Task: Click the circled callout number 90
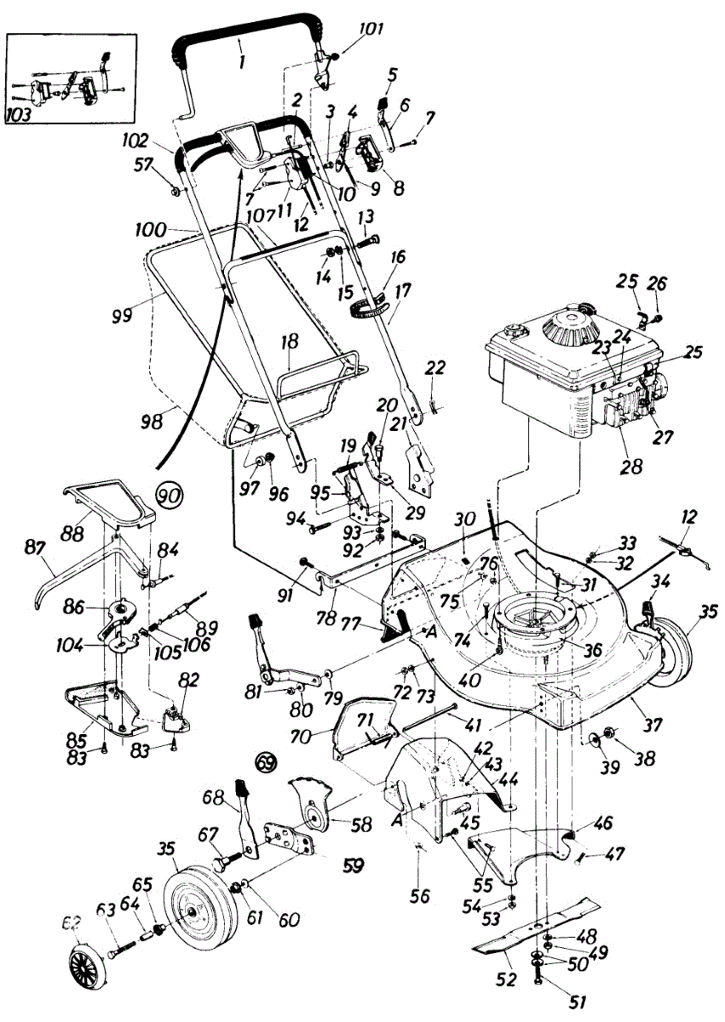pos(169,493)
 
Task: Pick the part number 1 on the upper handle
pos(241,62)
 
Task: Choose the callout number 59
pos(351,866)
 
